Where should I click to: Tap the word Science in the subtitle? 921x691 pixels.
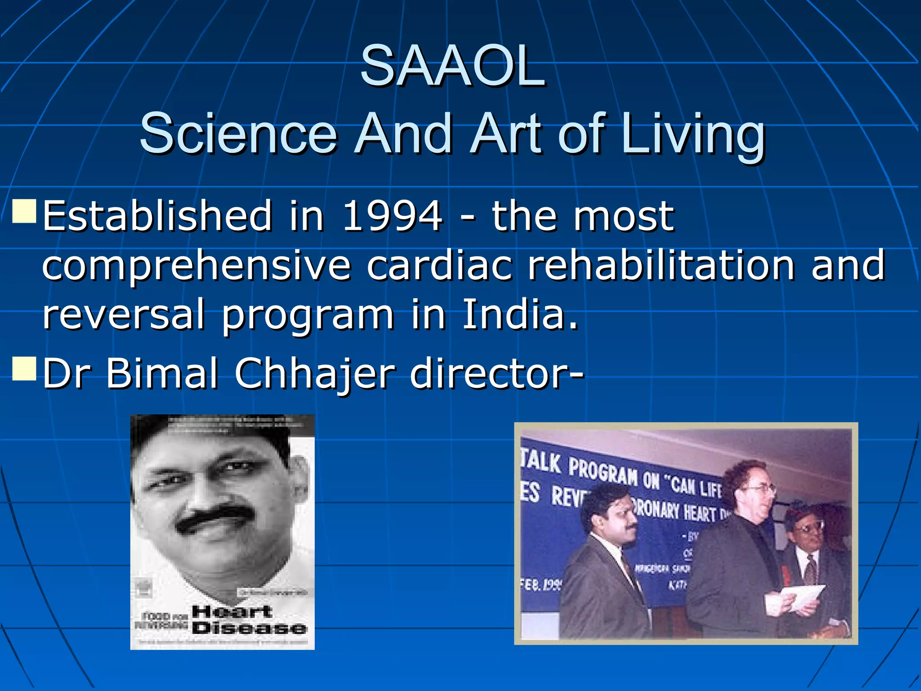pos(238,134)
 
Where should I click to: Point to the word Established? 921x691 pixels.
pos(157,216)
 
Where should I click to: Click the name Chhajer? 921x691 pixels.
pos(315,373)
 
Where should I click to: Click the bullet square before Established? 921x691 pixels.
pos(24,212)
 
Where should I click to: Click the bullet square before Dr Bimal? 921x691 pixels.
pos(24,369)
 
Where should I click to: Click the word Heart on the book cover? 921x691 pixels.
pos(232,612)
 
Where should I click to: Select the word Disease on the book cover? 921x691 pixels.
pos(249,628)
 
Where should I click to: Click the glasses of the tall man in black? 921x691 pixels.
pos(760,489)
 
